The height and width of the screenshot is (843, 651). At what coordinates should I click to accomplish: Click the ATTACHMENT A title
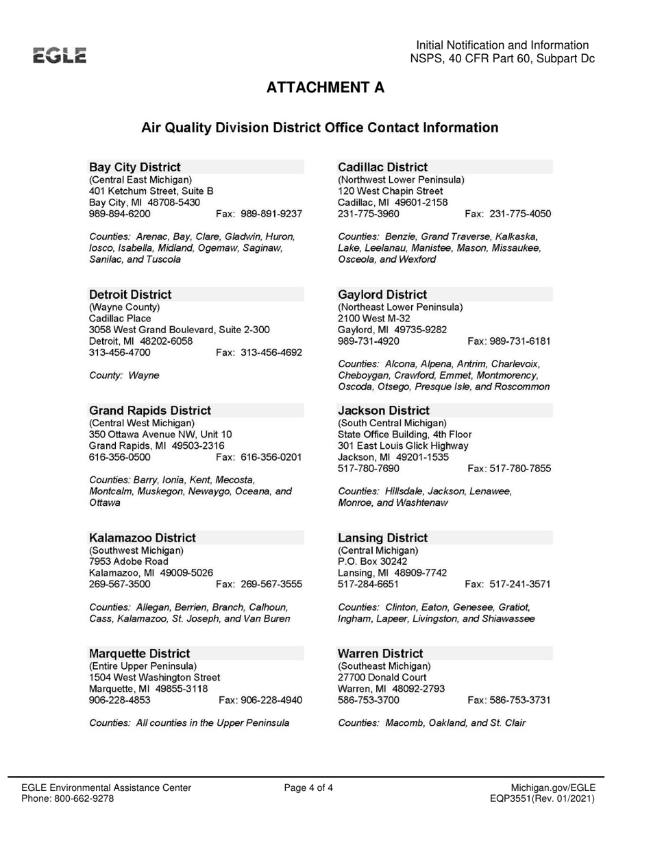[325, 88]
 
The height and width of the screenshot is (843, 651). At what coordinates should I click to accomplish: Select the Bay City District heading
[135, 167]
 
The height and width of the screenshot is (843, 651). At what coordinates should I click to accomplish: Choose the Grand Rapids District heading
[150, 411]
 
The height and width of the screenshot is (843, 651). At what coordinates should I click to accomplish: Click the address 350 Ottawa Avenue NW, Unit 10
[160, 434]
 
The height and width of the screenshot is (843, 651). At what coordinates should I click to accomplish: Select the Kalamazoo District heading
[143, 538]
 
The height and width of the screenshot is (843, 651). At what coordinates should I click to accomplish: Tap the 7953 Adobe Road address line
[129, 561]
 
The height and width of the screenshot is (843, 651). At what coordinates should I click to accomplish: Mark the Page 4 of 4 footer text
[309, 787]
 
